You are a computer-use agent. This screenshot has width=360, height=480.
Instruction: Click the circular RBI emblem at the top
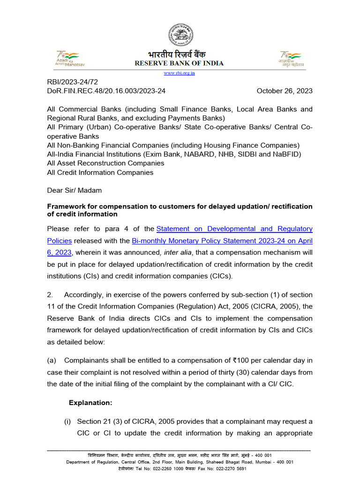pyautogui.click(x=180, y=35)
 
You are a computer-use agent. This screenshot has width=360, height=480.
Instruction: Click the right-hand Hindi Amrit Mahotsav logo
pyautogui.click(x=291, y=58)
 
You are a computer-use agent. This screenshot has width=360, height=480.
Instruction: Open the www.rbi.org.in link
pyautogui.click(x=180, y=73)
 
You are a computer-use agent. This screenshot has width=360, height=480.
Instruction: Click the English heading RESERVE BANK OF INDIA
pyautogui.click(x=180, y=63)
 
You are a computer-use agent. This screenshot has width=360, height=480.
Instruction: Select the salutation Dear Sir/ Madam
pyautogui.click(x=74, y=190)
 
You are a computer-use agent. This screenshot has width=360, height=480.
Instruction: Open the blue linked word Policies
pyautogui.click(x=60, y=240)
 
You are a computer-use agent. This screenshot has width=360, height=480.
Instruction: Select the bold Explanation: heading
pyautogui.click(x=90, y=402)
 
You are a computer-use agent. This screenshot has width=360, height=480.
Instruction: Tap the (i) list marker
pyautogui.click(x=68, y=421)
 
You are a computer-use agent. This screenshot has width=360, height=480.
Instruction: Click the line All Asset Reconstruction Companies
pyautogui.click(x=105, y=163)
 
